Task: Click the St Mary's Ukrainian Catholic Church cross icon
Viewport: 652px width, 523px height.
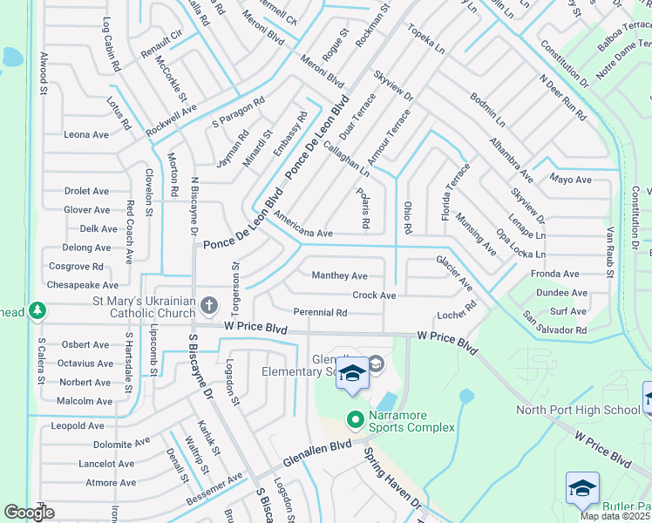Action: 208,305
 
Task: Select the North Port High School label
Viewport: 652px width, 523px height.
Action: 577,410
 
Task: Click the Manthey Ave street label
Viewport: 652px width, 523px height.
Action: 340,275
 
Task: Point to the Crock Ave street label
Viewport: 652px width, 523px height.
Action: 374,295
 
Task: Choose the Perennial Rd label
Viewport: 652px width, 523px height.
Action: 321,312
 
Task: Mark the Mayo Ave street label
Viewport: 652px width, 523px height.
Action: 570,180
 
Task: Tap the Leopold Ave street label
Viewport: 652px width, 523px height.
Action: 78,426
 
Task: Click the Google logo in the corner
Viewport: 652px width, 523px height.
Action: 29,513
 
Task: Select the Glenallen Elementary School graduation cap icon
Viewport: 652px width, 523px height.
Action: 352,374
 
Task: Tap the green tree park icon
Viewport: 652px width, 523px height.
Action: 37,310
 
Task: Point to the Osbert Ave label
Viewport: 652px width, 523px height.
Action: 85,345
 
